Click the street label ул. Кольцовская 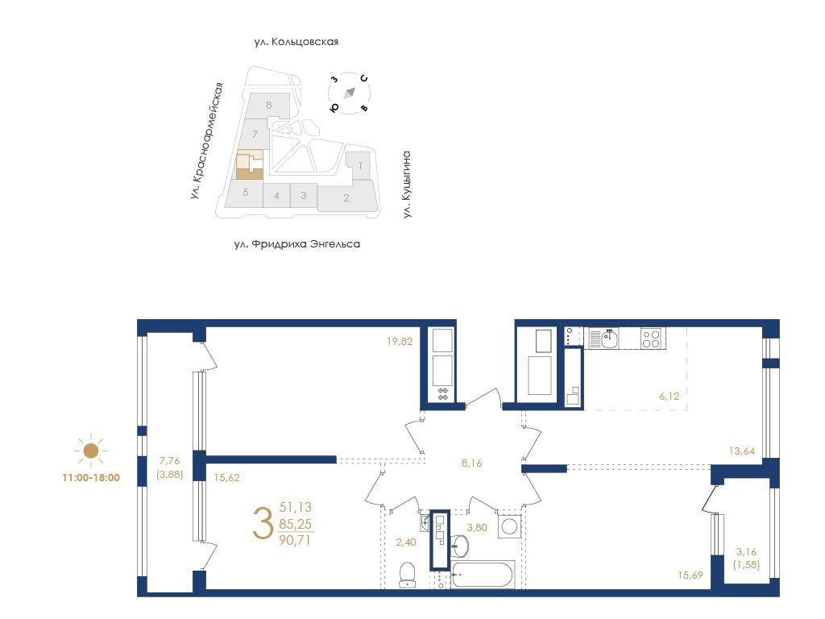click(x=296, y=42)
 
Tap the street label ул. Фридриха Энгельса click(x=297, y=244)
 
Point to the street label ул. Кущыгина click(x=406, y=185)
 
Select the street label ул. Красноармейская click(x=207, y=140)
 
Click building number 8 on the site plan click(x=269, y=105)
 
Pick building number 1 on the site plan click(x=360, y=166)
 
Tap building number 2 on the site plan click(x=346, y=198)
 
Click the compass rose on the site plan click(x=350, y=93)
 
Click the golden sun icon click(x=91, y=451)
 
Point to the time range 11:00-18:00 click(x=91, y=478)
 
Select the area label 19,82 click(x=400, y=341)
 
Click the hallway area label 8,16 click(x=471, y=463)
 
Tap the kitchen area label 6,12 click(x=670, y=396)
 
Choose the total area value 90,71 click(x=296, y=539)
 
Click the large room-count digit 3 click(x=263, y=523)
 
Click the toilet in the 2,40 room click(x=407, y=574)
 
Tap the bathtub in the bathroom click(x=483, y=574)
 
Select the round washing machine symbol click(x=509, y=527)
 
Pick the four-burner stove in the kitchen click(x=651, y=338)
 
